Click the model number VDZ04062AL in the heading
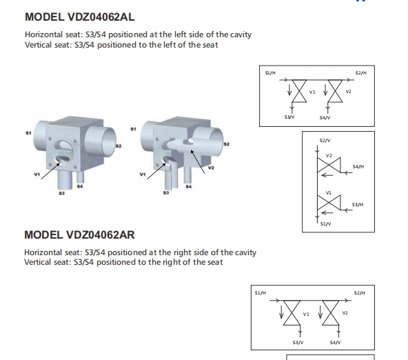(x=101, y=17)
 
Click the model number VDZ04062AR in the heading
(x=101, y=234)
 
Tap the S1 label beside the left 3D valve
(x=28, y=133)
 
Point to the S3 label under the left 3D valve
(x=61, y=193)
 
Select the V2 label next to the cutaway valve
(x=211, y=168)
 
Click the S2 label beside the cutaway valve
(x=226, y=144)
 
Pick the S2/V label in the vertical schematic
(x=325, y=141)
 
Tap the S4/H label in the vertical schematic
(x=358, y=167)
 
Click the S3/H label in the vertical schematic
(x=358, y=205)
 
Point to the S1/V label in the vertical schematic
(x=325, y=223)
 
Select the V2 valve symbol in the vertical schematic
(x=329, y=165)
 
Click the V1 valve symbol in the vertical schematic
(x=329, y=203)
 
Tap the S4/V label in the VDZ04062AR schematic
(x=335, y=343)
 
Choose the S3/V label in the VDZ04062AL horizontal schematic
(x=289, y=117)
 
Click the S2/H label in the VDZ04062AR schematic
(x=359, y=293)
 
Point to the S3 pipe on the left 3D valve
(x=65, y=179)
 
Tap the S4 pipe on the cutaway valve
(x=187, y=175)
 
